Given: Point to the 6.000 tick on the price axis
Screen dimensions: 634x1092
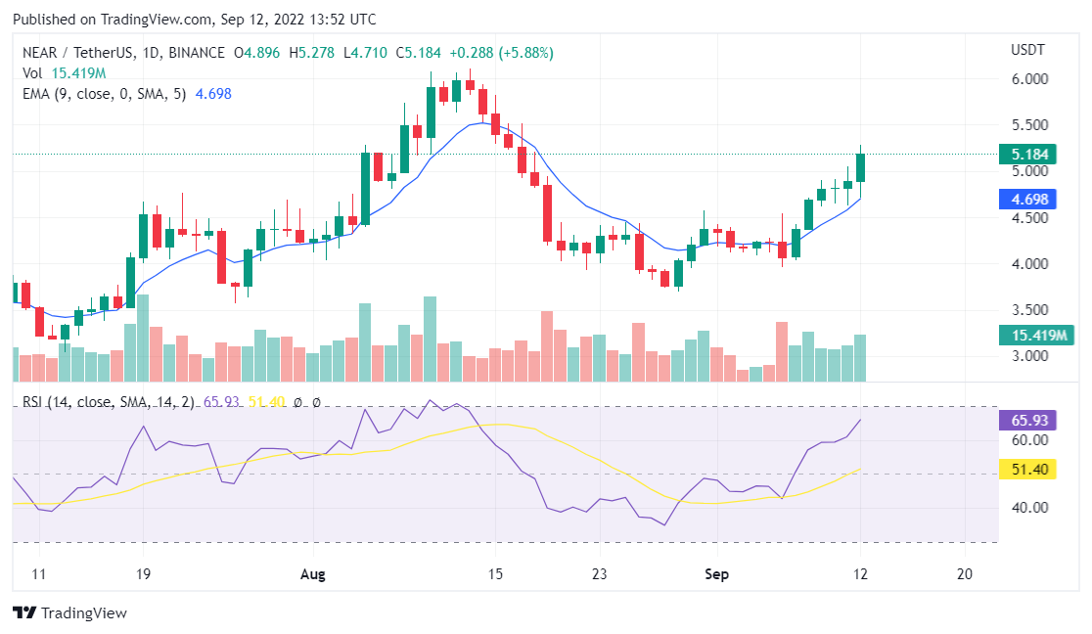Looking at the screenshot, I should pos(1029,79).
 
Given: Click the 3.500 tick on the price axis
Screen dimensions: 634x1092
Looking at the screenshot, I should pos(1029,310).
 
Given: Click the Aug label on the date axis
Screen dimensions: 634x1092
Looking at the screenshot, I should pos(312,574).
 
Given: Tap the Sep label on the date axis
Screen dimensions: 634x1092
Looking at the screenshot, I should pos(717,574).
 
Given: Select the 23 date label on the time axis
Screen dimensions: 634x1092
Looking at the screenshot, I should pos(600,574).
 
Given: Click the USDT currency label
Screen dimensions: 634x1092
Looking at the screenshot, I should pos(1027,50).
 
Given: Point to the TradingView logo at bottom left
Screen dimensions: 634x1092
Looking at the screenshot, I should pos(70,613).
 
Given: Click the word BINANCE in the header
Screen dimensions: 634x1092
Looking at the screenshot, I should pos(197,52).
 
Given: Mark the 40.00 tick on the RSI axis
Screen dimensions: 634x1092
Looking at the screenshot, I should pos(1029,507).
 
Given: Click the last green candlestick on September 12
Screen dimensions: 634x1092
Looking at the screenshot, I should pos(860,167).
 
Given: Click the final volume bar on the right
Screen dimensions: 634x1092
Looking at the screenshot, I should pos(860,357).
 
